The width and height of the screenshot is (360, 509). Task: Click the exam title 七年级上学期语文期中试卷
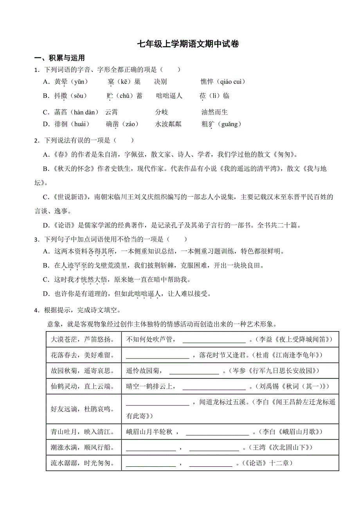pyautogui.click(x=188, y=44)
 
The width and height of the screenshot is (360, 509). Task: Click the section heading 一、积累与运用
pyautogui.click(x=59, y=58)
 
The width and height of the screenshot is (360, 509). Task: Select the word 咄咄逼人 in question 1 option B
pyautogui.click(x=169, y=96)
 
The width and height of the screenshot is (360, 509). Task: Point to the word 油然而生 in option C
pyautogui.click(x=214, y=112)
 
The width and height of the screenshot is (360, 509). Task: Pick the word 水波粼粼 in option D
pyautogui.click(x=168, y=124)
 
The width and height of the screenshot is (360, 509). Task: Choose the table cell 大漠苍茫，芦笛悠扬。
pyautogui.click(x=83, y=339)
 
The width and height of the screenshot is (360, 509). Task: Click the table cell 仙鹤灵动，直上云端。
pyautogui.click(x=83, y=386)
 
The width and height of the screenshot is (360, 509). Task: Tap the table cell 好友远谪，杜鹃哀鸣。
pyautogui.click(x=83, y=409)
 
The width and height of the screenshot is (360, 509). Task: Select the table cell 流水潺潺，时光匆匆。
pyautogui.click(x=83, y=464)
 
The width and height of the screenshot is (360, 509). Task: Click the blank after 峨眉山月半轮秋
pyautogui.click(x=217, y=432)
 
